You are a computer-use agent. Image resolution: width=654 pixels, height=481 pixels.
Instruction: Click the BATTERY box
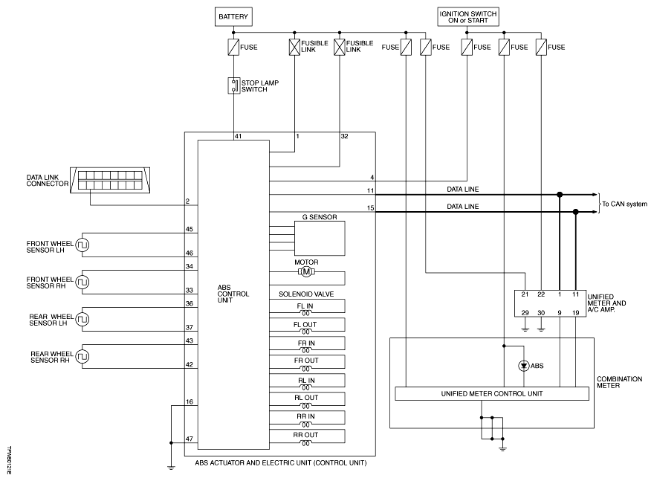coord(233,16)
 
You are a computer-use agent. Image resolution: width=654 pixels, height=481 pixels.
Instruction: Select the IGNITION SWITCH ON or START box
coord(468,16)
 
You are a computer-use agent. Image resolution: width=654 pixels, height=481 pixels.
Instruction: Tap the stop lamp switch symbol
coord(234,85)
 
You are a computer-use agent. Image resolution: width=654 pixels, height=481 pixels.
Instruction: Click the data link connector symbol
coord(110,180)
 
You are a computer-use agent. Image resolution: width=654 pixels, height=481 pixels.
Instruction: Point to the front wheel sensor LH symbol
coord(82,245)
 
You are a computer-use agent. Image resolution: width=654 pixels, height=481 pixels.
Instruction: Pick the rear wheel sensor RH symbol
coord(82,357)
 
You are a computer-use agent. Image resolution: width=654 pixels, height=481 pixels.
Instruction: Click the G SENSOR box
coord(320,238)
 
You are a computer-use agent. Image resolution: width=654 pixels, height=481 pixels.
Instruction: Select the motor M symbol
coord(306,272)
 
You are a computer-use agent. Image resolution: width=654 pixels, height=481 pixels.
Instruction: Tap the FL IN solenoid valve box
coord(307,306)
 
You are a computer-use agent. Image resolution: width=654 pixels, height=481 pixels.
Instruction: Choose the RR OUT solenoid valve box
coord(307,436)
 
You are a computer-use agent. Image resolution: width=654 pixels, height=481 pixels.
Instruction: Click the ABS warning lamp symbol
coord(524,366)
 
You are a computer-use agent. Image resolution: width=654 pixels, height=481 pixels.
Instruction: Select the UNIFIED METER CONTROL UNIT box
coord(492,394)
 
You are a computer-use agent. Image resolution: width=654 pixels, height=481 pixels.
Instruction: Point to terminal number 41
coord(238,136)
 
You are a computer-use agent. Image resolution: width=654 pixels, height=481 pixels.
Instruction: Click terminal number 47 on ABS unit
coord(190,439)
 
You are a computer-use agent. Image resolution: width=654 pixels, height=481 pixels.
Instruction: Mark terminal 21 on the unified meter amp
coord(525,294)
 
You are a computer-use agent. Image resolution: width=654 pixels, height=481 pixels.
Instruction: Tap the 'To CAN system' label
coord(624,204)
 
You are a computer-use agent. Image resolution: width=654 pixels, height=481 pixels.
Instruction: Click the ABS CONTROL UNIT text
coord(233,294)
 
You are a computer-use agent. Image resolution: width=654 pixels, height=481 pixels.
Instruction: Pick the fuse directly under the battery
coord(233,47)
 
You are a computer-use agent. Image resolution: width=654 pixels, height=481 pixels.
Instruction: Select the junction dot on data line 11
coord(560,195)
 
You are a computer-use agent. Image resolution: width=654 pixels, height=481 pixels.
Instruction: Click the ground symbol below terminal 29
coord(525,329)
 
